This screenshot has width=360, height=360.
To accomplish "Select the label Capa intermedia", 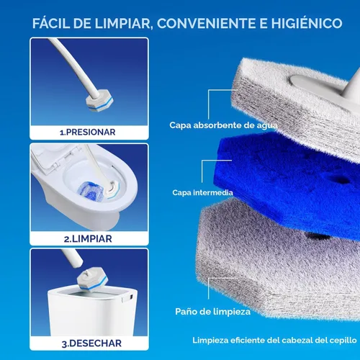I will pyautogui.click(x=202, y=192).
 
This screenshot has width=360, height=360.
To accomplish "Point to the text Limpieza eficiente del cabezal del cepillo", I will pyautogui.click(x=274, y=341).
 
